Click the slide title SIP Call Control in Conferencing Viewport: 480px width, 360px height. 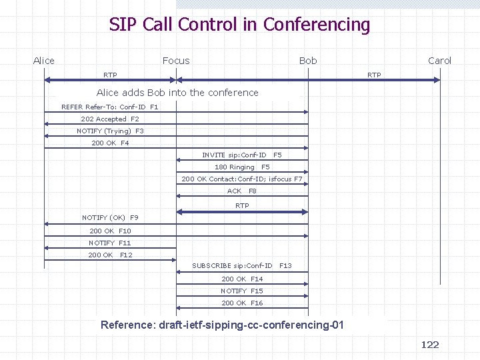point(239,25)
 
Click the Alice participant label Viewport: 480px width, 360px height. point(44,61)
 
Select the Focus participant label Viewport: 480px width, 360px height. point(176,61)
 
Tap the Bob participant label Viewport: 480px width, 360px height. point(308,61)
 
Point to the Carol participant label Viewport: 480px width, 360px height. point(439,61)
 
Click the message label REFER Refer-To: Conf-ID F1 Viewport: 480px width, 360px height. point(109,107)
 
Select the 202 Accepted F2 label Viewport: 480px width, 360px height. point(109,119)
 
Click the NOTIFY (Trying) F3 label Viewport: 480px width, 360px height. point(109,131)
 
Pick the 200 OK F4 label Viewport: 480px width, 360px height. point(109,143)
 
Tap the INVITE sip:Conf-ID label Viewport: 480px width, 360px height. point(234,155)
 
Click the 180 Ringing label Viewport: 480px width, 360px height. point(235,167)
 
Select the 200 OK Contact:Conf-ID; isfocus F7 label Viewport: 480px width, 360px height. point(241,179)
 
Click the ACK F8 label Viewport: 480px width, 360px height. point(241,191)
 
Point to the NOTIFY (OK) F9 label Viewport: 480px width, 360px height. point(109,217)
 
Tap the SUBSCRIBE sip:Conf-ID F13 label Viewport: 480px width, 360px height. point(241,265)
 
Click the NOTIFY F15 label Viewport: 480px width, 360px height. point(241,291)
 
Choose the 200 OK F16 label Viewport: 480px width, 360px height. point(241,303)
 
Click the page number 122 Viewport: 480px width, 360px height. point(430,344)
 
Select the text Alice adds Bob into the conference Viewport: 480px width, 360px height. point(177,93)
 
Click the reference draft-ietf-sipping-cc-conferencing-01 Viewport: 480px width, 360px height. point(222,325)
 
